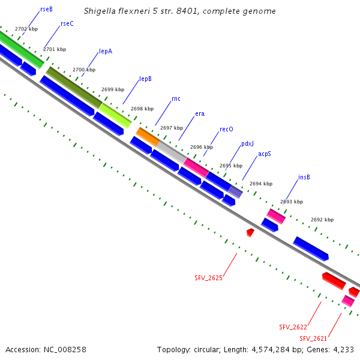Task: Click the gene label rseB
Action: (x=46, y=10)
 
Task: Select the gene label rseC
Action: (x=67, y=23)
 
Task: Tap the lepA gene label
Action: (x=106, y=52)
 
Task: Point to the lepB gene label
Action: (x=145, y=79)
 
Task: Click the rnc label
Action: (x=176, y=98)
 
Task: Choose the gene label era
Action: (x=200, y=113)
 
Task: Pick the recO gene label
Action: (x=226, y=129)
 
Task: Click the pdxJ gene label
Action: (x=248, y=144)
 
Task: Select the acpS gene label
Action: (x=265, y=154)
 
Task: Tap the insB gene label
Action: (x=304, y=178)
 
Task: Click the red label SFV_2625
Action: (x=208, y=278)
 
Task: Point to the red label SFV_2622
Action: (x=293, y=327)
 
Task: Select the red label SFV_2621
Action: (x=313, y=338)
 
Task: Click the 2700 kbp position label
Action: (x=84, y=70)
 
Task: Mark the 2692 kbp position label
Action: (x=322, y=220)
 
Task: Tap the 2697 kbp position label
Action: (x=172, y=128)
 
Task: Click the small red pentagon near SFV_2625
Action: (x=250, y=232)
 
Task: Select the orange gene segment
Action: (x=148, y=136)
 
